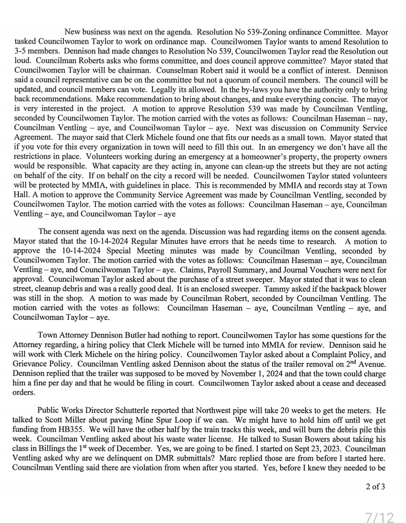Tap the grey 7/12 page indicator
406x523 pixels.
(x=380, y=518)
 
